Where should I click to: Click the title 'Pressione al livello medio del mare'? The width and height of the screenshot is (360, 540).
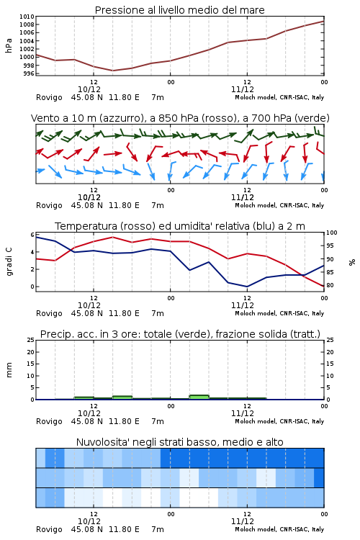pyautogui.click(x=180, y=10)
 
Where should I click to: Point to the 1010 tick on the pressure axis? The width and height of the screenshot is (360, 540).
pyautogui.click(x=27, y=17)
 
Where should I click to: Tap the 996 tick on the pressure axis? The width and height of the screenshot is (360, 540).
pyautogui.click(x=29, y=73)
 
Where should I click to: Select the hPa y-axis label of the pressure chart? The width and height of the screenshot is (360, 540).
pyautogui.click(x=9, y=45)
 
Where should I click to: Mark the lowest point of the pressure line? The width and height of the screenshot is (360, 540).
pyautogui.click(x=112, y=71)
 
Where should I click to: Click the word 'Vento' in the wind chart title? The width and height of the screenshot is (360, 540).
pyautogui.click(x=43, y=118)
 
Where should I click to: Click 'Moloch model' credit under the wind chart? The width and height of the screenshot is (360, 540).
pyautogui.click(x=256, y=205)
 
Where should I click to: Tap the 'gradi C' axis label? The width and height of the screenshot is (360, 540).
pyautogui.click(x=9, y=261)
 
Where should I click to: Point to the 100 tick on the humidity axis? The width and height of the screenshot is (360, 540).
pyautogui.click(x=332, y=233)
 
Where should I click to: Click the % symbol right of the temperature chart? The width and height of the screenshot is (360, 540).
pyautogui.click(x=352, y=262)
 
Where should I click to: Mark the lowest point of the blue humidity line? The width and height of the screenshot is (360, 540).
pyautogui.click(x=247, y=287)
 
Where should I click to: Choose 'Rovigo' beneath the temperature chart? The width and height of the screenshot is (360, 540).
pyautogui.click(x=49, y=313)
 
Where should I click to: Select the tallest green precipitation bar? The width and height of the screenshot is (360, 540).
pyautogui.click(x=199, y=397)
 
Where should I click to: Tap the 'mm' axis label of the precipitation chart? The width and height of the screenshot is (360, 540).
pyautogui.click(x=9, y=370)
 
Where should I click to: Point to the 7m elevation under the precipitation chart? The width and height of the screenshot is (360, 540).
pyautogui.click(x=158, y=421)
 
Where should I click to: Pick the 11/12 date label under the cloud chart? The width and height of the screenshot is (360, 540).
pyautogui.click(x=243, y=521)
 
